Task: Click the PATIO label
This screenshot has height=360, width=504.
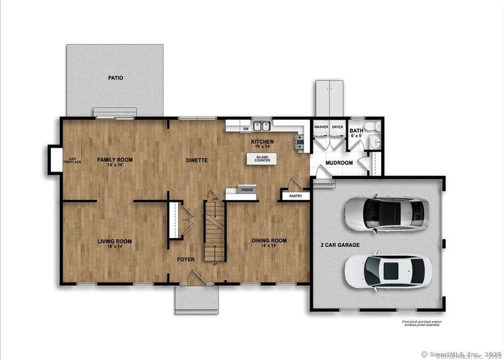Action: point(116,78)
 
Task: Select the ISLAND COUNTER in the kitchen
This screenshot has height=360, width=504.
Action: point(262,159)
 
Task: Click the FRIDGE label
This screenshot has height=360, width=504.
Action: point(247,190)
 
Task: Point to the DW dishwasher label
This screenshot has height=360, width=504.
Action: point(246,129)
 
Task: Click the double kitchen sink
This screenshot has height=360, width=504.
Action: point(262,126)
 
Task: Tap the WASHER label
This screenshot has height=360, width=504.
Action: point(321,127)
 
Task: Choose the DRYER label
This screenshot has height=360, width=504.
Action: point(337,127)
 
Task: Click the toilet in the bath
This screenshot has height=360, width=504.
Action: point(377,127)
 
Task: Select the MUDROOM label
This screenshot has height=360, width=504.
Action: point(339,163)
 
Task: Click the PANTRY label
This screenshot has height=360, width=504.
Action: point(296,196)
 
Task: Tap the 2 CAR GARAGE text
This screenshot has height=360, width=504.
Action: point(340,245)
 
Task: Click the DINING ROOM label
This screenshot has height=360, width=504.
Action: point(269,241)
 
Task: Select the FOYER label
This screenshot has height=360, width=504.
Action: point(186,260)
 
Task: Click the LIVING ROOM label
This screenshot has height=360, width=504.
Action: point(114,241)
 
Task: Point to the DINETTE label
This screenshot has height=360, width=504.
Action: point(196,160)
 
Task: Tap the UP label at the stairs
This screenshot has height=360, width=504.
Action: point(215,264)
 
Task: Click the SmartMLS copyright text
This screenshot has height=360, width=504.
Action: point(461,354)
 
